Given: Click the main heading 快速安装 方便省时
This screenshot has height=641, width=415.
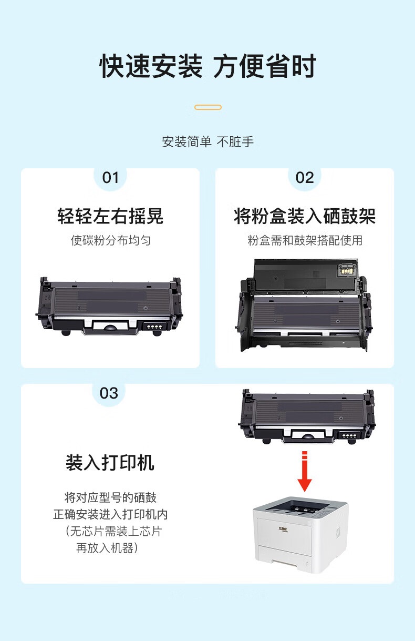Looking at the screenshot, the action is tap(208, 66).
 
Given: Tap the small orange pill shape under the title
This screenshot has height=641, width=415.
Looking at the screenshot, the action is tap(208, 107).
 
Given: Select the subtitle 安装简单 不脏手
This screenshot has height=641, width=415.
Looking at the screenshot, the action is tap(208, 142).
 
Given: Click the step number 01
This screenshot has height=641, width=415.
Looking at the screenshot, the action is tap(110, 178).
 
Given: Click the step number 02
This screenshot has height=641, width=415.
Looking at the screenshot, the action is tap(305, 178).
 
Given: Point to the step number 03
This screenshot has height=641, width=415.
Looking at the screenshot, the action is tap(109, 393).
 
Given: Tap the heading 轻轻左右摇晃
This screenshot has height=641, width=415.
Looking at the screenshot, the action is tap(110, 216).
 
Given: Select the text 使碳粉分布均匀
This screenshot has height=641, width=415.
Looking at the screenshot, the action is tap(111, 240).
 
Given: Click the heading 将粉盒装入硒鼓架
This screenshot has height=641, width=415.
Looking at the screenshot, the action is tap(305, 216).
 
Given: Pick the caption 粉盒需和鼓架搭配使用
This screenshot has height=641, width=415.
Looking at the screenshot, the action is tap(305, 240).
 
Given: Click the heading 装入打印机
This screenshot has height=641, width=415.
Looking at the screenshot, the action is tap(110, 463).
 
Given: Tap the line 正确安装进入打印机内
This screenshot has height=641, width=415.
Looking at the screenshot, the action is tap(110, 514).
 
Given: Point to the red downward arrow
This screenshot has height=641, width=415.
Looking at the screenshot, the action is tap(305, 471).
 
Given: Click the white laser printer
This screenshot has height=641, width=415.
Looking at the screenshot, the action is tap(300, 535).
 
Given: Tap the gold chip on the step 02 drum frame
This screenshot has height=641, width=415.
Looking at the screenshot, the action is tap(346, 270).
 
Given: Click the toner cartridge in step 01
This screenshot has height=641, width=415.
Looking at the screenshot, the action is tap(109, 306).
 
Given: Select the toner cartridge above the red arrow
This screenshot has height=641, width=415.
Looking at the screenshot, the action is tap(307, 416).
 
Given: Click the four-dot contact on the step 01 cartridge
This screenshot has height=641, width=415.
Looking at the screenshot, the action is tap(153, 327).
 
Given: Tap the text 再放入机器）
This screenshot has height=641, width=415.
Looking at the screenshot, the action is tap(107, 548).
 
